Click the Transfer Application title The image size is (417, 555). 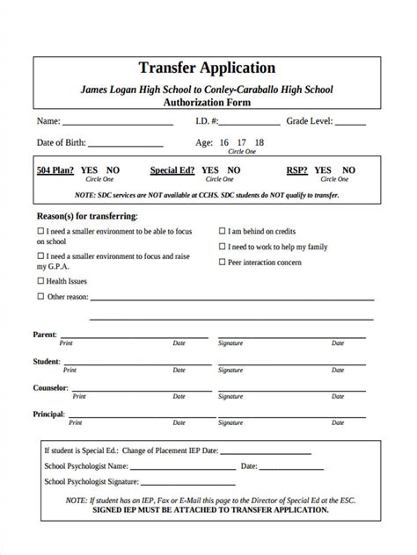click(x=208, y=68)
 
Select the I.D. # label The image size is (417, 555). click(x=209, y=120)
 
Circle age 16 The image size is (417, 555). click(x=224, y=142)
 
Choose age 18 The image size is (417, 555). click(x=259, y=142)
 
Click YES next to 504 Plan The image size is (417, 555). click(x=90, y=170)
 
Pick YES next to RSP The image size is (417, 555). click(x=324, y=170)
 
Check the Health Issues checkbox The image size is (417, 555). click(x=40, y=281)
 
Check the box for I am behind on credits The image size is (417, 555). click(x=222, y=231)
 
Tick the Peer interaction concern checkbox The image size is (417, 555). click(x=222, y=262)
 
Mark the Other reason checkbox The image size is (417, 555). click(x=40, y=297)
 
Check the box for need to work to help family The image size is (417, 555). click(x=222, y=247)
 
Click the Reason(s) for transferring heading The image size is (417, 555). click(x=86, y=215)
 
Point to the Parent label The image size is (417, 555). click(x=45, y=335)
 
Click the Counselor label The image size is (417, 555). click(x=50, y=387)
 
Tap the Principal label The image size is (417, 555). click(x=49, y=414)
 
